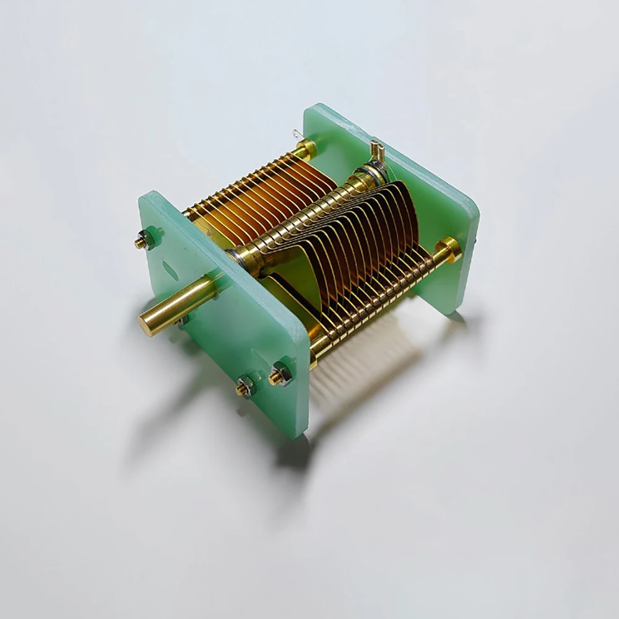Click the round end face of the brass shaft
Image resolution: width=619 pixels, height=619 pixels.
pyautogui.click(x=149, y=324)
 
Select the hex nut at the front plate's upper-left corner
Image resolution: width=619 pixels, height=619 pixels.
pyautogui.click(x=146, y=239)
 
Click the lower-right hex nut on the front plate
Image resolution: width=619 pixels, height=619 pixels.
pyautogui.click(x=280, y=374)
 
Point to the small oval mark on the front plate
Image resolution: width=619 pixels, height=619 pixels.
pyautogui.click(x=169, y=269)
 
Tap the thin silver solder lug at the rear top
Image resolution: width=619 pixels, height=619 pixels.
pyautogui.click(x=296, y=135)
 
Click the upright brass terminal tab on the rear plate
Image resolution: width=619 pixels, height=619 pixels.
pyautogui.click(x=376, y=149)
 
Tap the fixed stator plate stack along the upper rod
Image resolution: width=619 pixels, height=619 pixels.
pyautogui.click(x=260, y=198)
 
